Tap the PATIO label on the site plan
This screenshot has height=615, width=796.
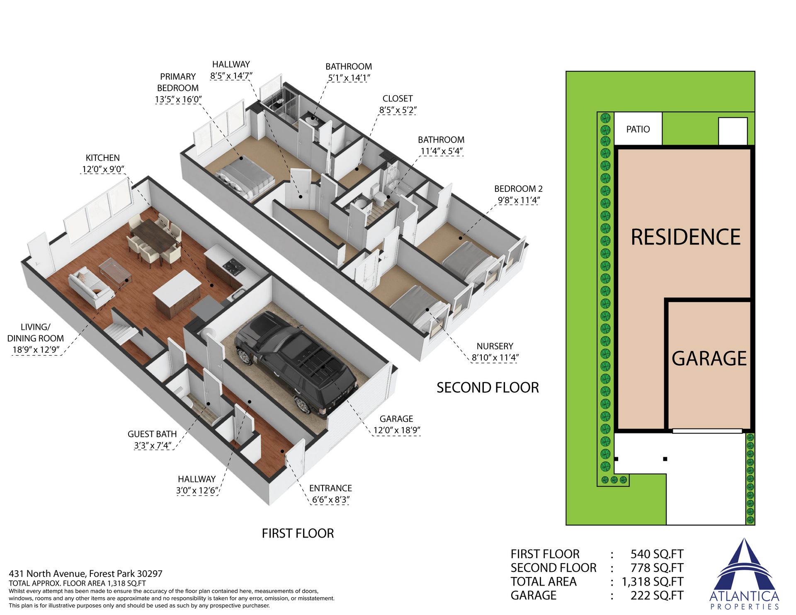click(638, 129)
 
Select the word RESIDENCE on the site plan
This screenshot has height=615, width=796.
click(686, 237)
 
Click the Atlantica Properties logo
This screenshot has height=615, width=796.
click(744, 574)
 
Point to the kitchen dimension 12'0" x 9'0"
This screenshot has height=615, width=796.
click(103, 169)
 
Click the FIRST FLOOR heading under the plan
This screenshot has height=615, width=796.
click(298, 533)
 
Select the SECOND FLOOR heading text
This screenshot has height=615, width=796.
click(488, 387)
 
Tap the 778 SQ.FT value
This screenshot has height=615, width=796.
click(657, 568)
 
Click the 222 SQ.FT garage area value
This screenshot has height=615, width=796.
click(657, 596)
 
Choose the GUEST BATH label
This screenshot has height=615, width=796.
click(152, 434)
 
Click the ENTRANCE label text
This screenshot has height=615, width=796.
click(330, 488)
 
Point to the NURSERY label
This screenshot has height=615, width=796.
click(495, 346)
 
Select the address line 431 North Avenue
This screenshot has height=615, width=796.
click(86, 574)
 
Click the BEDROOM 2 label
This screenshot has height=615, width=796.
click(518, 189)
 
